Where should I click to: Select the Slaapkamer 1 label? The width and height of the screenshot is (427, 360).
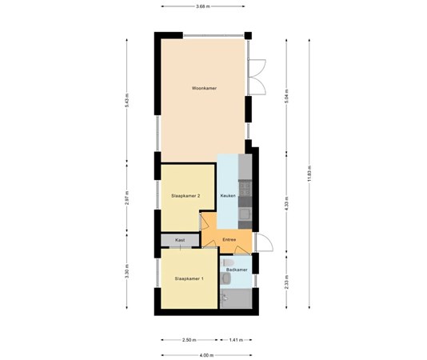190,278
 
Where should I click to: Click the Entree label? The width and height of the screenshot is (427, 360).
229,238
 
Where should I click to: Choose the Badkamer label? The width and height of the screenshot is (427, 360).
237,270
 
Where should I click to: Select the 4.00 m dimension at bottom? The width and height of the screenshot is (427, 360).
206,354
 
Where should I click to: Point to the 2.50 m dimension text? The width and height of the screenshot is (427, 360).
189,339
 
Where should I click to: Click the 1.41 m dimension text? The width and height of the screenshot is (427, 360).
237,339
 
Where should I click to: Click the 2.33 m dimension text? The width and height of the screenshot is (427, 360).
287,285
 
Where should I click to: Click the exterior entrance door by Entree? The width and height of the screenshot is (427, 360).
262,242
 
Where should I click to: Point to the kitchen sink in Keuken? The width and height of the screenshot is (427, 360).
245,213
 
